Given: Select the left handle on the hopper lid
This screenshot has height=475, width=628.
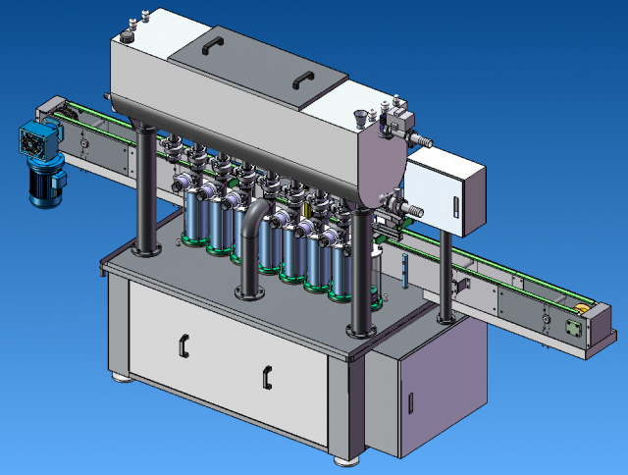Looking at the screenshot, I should tap(211, 45).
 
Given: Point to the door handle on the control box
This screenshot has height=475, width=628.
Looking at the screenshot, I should tap(458, 207).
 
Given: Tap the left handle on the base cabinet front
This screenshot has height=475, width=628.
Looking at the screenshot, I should tap(182, 344).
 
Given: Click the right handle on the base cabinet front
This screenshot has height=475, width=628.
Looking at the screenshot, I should tap(267, 375).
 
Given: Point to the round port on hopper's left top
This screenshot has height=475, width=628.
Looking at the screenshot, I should tap(127, 36).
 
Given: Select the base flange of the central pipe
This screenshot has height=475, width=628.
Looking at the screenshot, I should tap(249, 291).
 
